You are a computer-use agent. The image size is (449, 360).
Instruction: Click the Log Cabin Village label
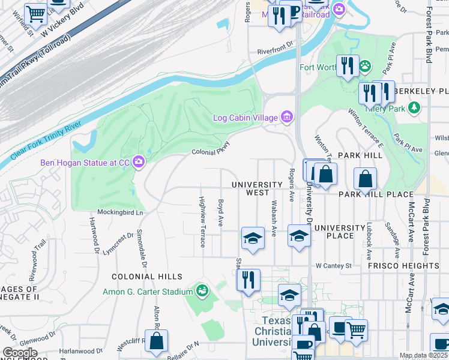coord(245,117)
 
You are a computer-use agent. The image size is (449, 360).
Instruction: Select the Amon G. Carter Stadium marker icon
coord(203,292)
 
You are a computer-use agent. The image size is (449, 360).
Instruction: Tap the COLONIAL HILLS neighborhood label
coord(147,277)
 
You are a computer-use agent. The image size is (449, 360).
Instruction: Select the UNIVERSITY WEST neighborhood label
coord(257,188)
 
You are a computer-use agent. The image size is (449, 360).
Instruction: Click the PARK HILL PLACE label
coord(376,194)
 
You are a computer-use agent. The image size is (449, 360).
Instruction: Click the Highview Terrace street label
coord(202,222)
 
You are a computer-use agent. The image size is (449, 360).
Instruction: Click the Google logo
coord(20,353)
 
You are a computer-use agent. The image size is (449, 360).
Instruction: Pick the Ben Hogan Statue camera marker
coord(139,161)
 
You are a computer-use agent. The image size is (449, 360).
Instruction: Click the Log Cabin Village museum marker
coord(287,116)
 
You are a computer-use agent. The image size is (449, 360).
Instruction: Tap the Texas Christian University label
coord(278,331)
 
